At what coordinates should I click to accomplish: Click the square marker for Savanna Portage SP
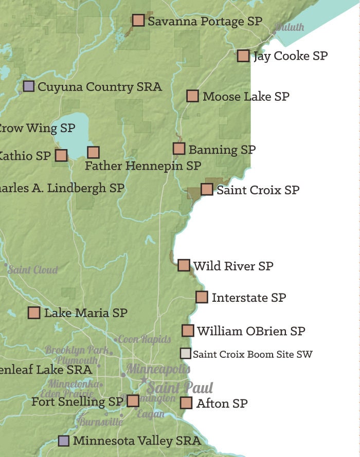(x=138, y=20)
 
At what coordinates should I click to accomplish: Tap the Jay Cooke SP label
(x=290, y=56)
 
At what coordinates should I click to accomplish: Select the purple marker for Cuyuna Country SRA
(x=29, y=86)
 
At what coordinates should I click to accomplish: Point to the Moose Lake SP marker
(x=192, y=96)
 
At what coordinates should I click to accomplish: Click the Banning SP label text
(x=222, y=150)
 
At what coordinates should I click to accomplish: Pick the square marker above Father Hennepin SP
(x=93, y=152)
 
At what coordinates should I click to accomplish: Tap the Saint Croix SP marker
(x=207, y=189)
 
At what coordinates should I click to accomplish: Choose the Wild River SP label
(x=233, y=266)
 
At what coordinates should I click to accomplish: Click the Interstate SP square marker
(x=202, y=297)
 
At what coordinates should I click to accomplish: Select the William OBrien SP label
(x=251, y=331)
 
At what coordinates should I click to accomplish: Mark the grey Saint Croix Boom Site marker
(x=186, y=353)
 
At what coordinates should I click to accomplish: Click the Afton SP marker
(x=186, y=403)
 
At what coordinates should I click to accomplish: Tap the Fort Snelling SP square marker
(x=133, y=400)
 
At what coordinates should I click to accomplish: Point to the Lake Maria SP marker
(x=34, y=313)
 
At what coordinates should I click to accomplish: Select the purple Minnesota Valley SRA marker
(x=63, y=441)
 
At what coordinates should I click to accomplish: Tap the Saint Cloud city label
(x=33, y=269)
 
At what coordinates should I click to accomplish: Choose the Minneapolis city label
(x=158, y=369)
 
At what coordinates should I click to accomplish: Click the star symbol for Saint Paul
(x=143, y=380)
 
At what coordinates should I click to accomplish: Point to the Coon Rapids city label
(x=145, y=339)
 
